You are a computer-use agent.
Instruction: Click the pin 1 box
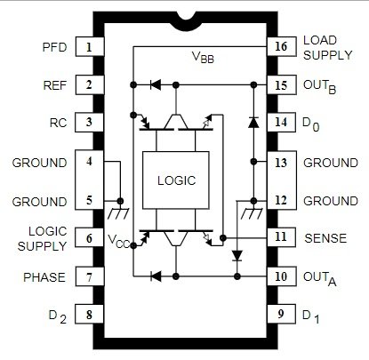click(x=90, y=46)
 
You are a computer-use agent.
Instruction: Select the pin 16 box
click(x=282, y=46)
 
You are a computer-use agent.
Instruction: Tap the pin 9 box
click(x=282, y=314)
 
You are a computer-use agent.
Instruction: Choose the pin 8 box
click(x=90, y=314)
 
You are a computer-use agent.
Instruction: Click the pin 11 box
click(x=282, y=237)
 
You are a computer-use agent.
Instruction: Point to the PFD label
click(x=54, y=47)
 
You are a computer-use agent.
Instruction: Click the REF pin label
click(x=55, y=85)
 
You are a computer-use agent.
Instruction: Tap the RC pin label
click(x=59, y=123)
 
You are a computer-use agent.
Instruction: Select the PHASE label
click(x=44, y=277)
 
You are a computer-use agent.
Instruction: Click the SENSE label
click(x=325, y=238)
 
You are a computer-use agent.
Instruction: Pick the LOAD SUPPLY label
click(x=328, y=48)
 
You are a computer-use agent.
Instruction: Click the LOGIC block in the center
click(x=176, y=180)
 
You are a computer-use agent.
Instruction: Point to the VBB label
click(x=203, y=57)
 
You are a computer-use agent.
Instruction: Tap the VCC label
click(x=118, y=241)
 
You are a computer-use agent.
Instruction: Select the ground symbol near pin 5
click(x=118, y=213)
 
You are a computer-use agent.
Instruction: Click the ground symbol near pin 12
click(x=252, y=213)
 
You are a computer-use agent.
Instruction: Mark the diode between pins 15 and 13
click(x=253, y=123)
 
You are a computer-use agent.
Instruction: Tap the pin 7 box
click(x=90, y=276)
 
